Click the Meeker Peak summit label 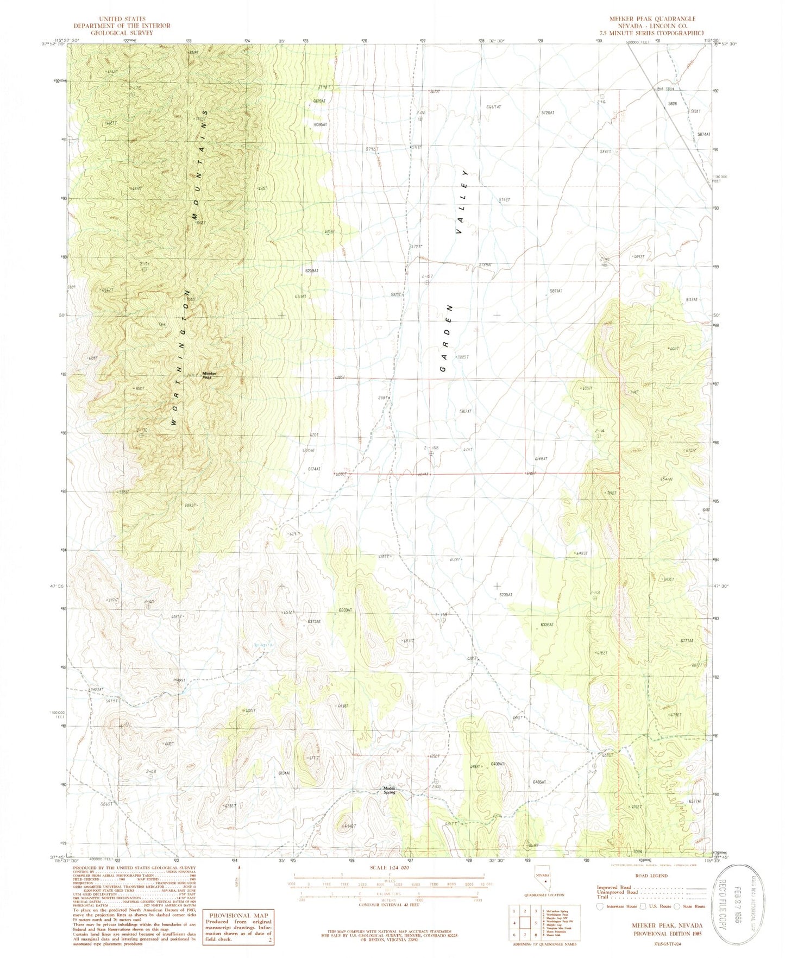click(210, 375)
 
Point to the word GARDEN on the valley click(448, 338)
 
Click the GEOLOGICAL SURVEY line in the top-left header click(122, 33)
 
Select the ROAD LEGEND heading click(651, 875)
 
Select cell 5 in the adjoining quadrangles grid click(525, 922)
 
